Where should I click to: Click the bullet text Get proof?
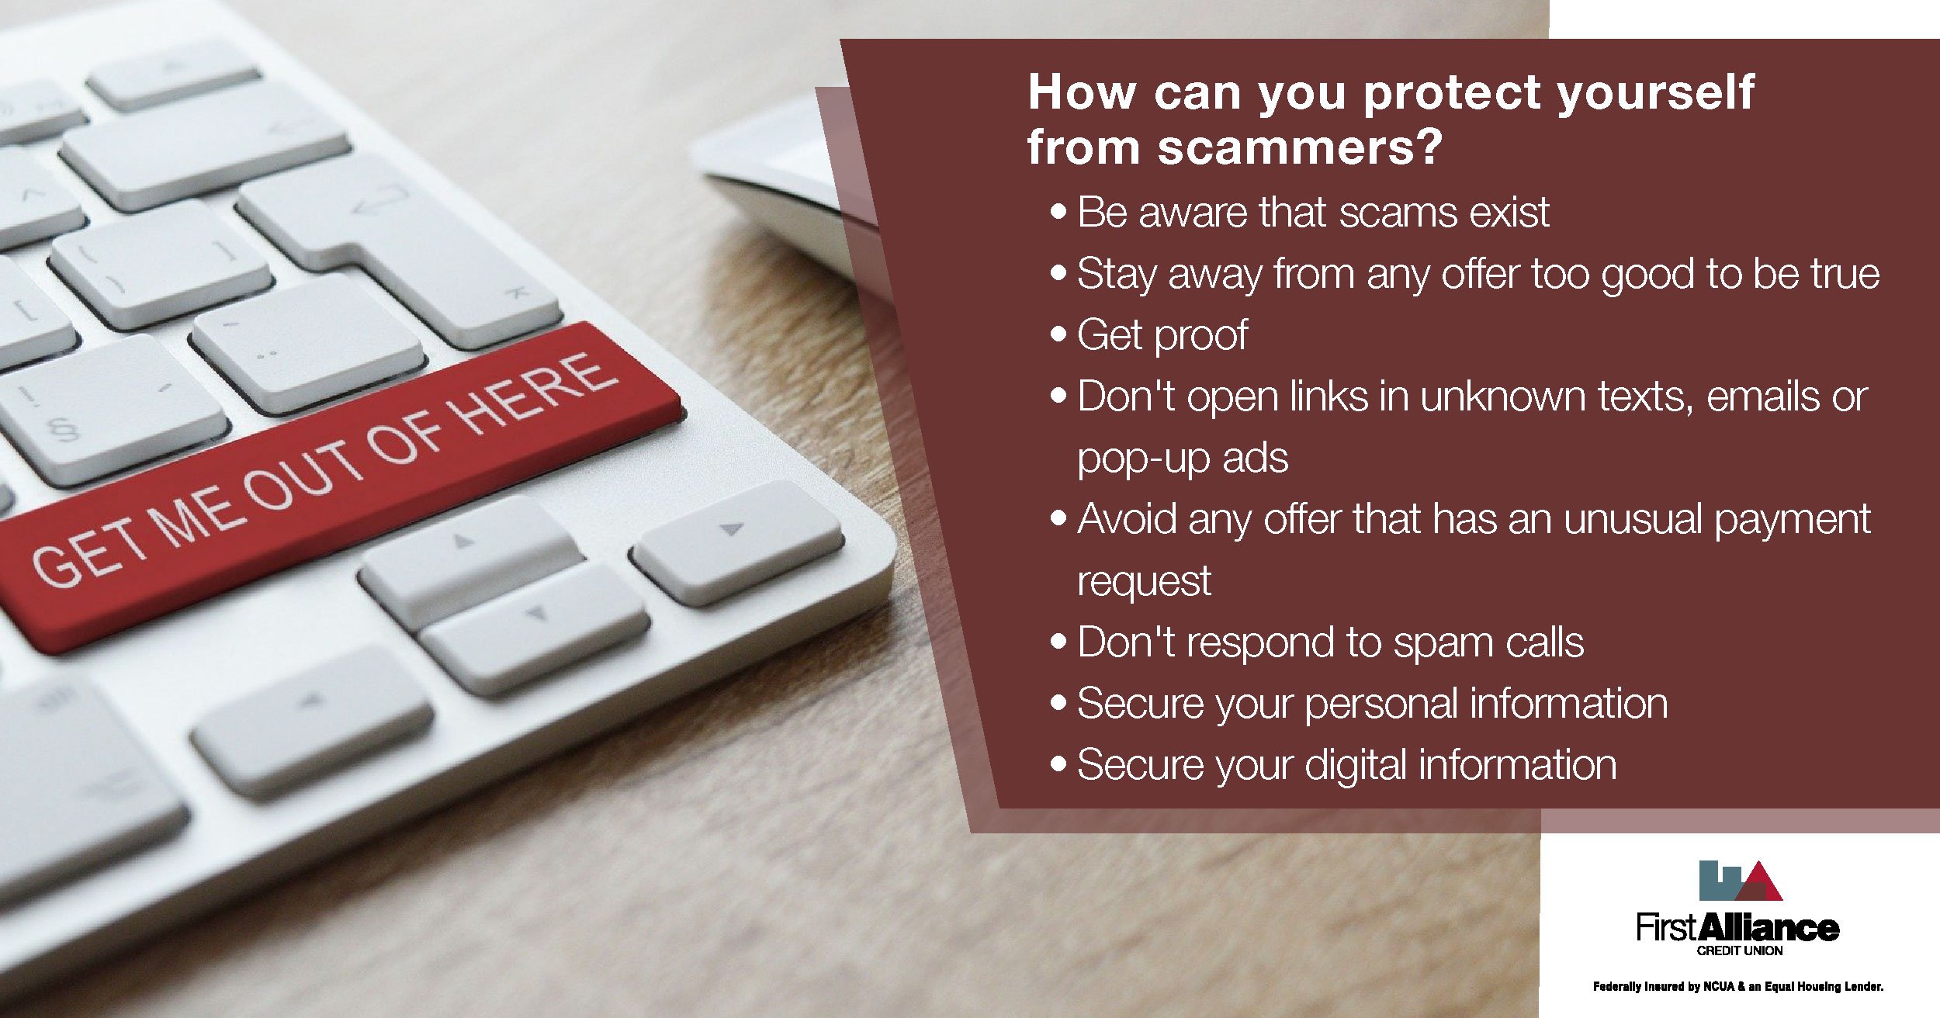click(x=1162, y=335)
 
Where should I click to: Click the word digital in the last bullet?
click(x=1356, y=765)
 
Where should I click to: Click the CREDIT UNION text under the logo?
click(x=1739, y=951)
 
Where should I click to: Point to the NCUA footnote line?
click(x=1738, y=987)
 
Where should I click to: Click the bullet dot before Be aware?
click(x=1058, y=212)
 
